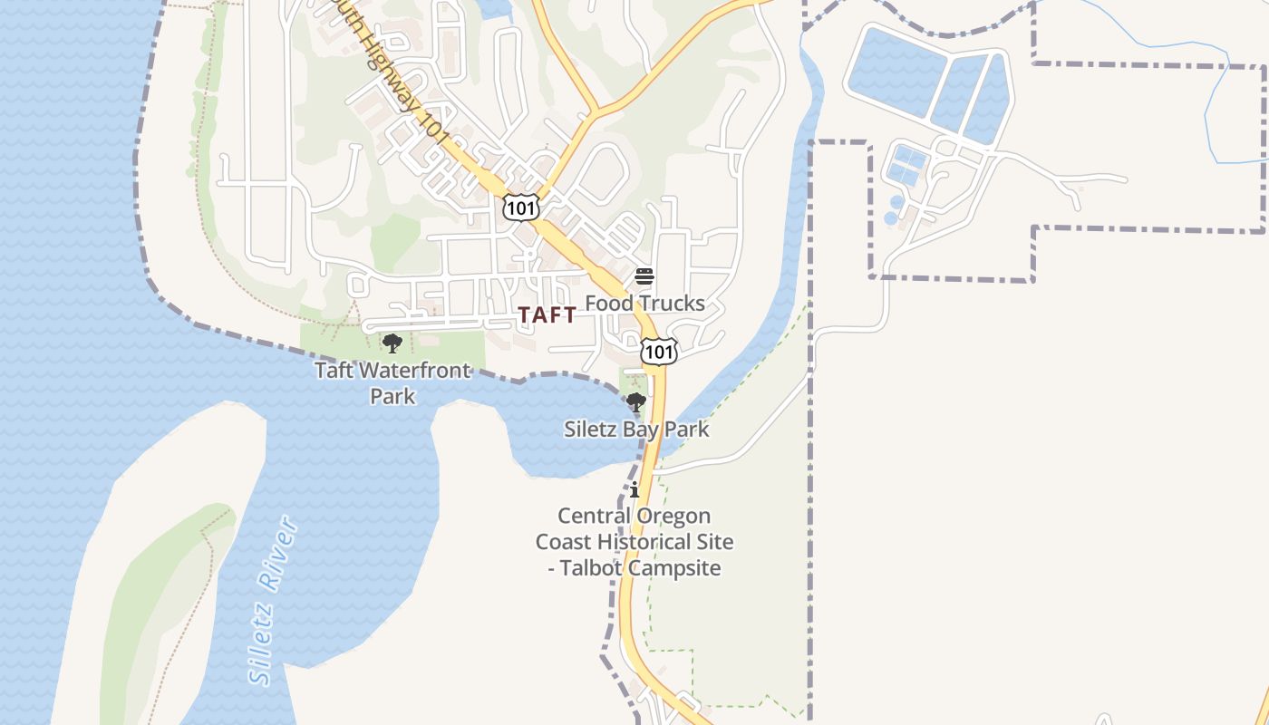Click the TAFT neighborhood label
547,315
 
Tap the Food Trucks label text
644,304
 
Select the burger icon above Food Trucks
644,276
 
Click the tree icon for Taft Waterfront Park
392,343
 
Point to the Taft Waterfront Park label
392,382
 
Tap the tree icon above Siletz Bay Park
636,401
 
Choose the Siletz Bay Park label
636,430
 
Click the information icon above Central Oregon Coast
634,490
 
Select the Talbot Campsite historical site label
634,542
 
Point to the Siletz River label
274,601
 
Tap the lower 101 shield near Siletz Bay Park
659,352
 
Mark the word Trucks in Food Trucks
671,304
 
